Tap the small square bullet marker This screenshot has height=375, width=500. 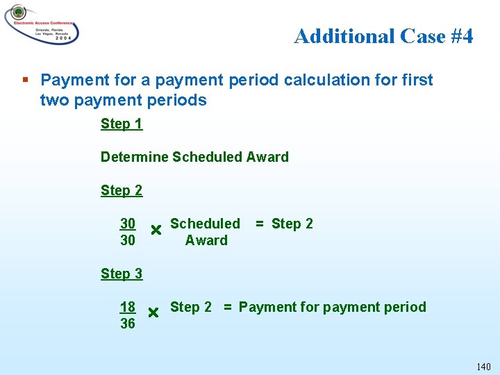[26, 80]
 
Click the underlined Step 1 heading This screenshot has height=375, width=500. [122, 124]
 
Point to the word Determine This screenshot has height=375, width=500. [134, 157]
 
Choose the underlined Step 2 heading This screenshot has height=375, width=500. [122, 190]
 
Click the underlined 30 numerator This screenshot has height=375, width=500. [128, 224]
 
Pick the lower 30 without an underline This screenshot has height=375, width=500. [128, 240]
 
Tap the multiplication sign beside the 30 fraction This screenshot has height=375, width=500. [156, 230]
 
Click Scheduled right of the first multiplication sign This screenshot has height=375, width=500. [205, 224]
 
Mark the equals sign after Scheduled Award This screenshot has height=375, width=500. [259, 224]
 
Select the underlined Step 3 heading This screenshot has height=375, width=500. [122, 274]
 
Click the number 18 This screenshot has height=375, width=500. [128, 307]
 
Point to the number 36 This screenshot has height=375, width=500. [128, 324]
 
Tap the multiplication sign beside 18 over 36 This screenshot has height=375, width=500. [153, 313]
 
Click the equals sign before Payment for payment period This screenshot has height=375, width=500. [227, 307]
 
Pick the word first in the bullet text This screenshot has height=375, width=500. [417, 80]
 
